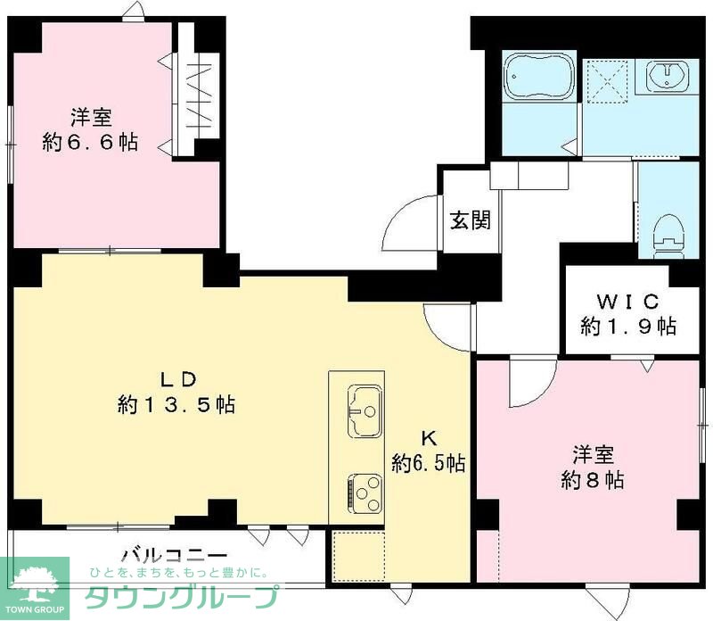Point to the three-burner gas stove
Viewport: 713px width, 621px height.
[x=365, y=489]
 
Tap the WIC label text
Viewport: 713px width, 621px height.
[x=628, y=299]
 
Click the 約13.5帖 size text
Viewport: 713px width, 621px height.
[x=176, y=405]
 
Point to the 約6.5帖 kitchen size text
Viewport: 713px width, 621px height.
[x=429, y=463]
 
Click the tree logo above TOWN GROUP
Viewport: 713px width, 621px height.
[x=35, y=579]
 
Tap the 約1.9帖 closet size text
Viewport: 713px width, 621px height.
[x=628, y=326]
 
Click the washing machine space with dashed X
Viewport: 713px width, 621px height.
[x=610, y=78]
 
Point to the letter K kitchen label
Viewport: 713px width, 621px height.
[x=429, y=438]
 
